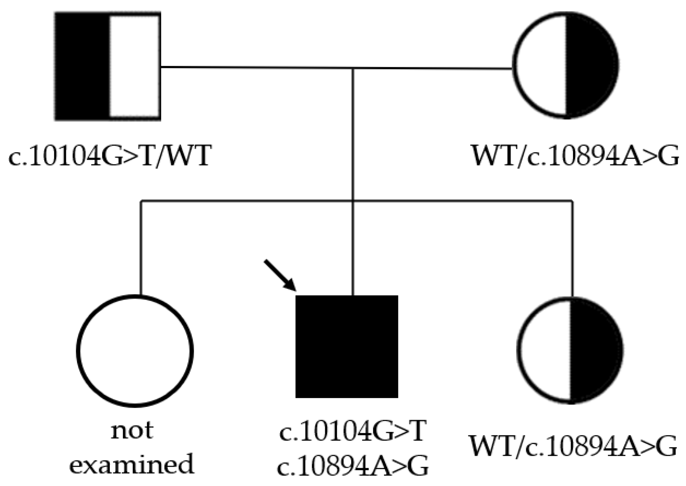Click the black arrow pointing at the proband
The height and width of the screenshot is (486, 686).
(280, 275)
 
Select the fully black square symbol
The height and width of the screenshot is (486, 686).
(347, 346)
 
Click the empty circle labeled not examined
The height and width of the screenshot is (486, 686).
(135, 351)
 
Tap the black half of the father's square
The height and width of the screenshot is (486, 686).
(82, 66)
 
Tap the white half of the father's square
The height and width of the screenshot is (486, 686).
(134, 66)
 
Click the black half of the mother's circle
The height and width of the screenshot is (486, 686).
(590, 66)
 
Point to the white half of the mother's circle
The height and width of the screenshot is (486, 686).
(540, 66)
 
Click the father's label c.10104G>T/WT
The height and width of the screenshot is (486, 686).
(110, 156)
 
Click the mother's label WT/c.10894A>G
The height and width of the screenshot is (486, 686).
(575, 156)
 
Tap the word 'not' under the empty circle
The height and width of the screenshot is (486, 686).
(132, 430)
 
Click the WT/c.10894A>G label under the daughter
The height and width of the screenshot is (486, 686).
(572, 446)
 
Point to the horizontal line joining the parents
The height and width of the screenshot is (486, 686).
(257, 67)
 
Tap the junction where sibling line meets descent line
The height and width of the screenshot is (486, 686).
(353, 201)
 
